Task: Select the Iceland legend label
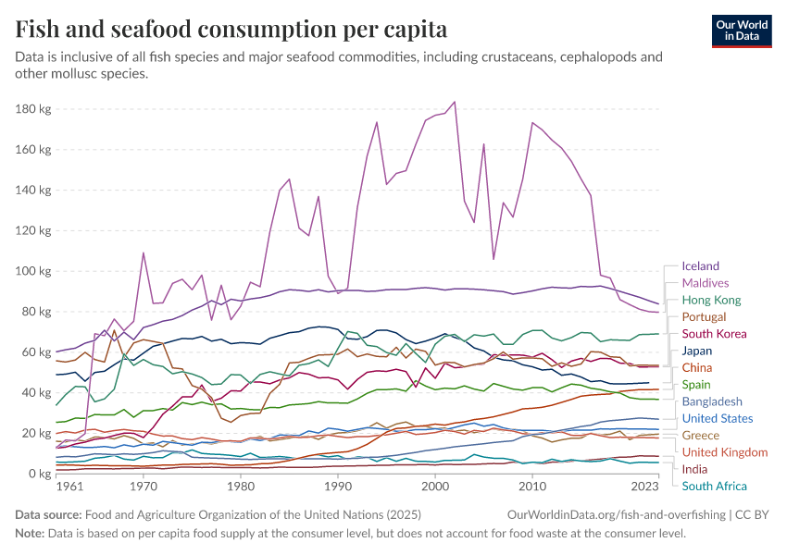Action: click(700, 266)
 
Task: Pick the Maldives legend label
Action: click(705, 283)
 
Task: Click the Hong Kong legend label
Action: click(711, 300)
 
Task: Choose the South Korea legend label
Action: click(714, 334)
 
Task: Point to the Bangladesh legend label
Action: click(712, 401)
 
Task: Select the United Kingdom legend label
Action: click(724, 452)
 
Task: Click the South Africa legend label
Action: click(714, 486)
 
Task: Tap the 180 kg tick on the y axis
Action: click(33, 109)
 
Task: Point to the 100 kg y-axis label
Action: click(33, 271)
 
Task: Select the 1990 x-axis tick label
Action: click(337, 487)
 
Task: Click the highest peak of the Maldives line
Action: click(455, 102)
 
